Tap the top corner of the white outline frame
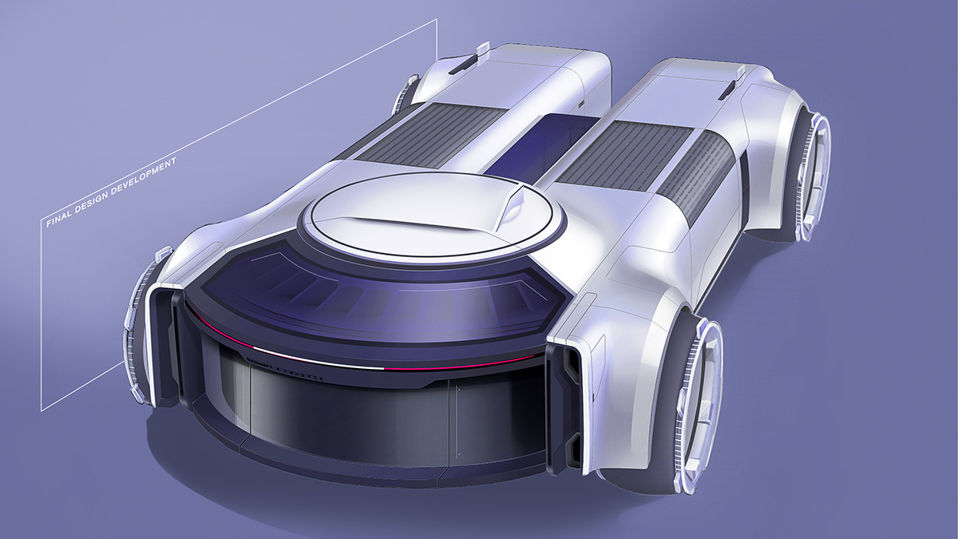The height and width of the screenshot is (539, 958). pos(437,20)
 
